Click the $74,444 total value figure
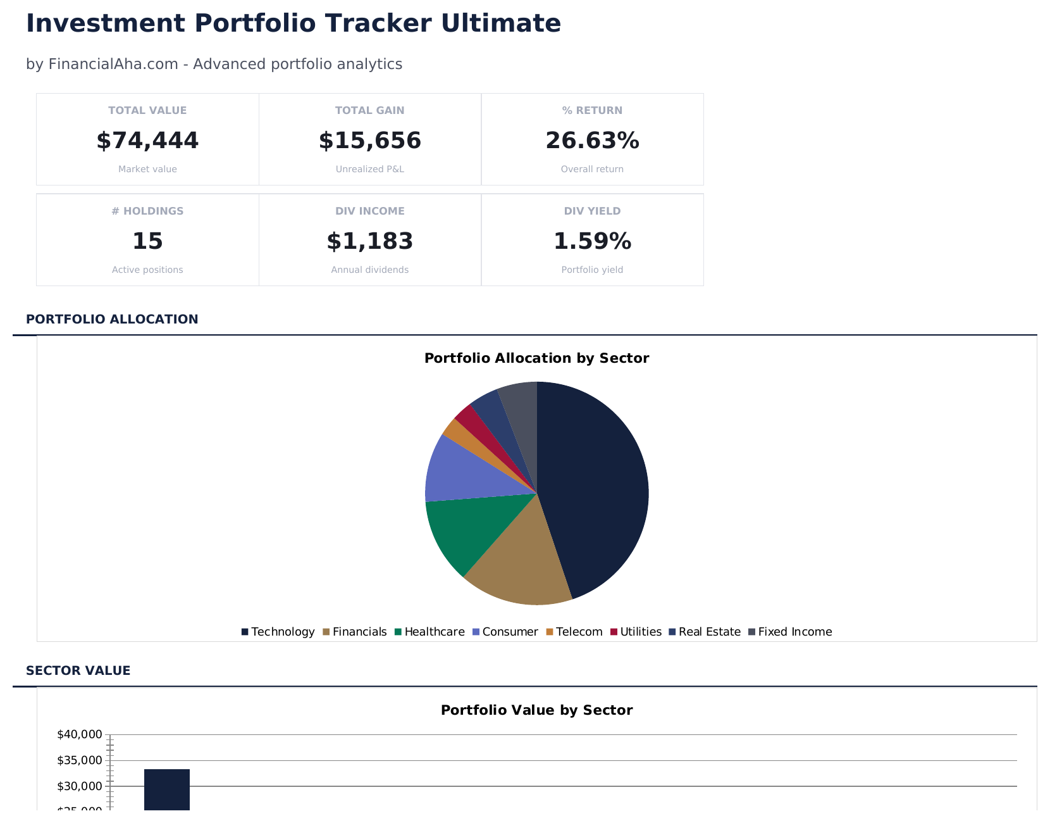coord(147,141)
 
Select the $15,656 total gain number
coord(369,141)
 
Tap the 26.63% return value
coord(592,141)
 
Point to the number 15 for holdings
coord(147,241)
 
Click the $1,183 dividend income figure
coord(369,241)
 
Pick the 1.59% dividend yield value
coord(592,241)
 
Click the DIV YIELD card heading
coord(592,211)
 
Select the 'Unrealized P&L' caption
coord(369,169)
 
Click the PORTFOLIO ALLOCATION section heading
coord(112,319)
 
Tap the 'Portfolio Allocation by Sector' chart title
coord(536,358)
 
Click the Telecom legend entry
coord(574,632)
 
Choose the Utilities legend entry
coord(636,632)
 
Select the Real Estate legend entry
coord(705,632)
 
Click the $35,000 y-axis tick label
coord(79,760)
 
